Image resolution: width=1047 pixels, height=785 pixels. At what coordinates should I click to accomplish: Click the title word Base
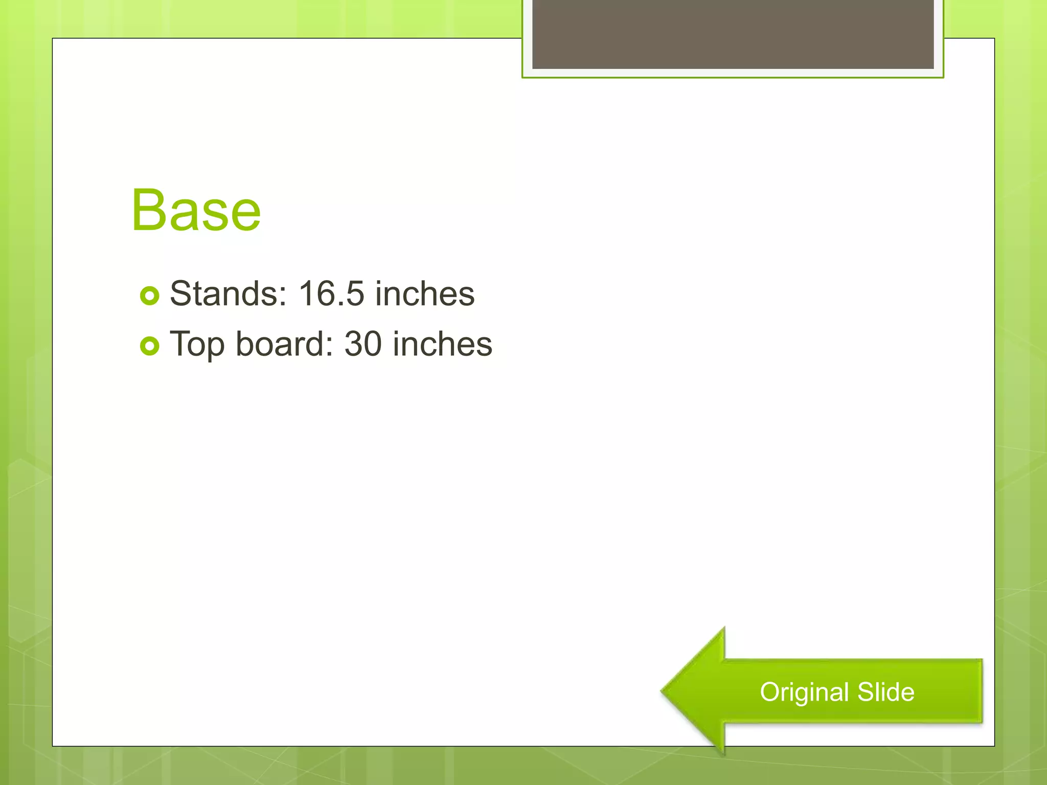(196, 211)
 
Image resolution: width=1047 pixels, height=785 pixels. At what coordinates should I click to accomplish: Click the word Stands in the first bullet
(225, 294)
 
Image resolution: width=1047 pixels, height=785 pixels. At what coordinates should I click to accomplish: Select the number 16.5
(331, 294)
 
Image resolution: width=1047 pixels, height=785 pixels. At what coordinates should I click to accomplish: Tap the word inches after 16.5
(425, 294)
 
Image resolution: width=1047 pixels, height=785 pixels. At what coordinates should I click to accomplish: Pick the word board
(280, 344)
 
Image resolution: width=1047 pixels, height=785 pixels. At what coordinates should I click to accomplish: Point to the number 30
(363, 344)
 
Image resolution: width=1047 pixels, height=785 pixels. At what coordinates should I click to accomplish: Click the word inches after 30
(442, 344)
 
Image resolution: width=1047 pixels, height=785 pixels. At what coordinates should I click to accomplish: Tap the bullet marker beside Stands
(149, 295)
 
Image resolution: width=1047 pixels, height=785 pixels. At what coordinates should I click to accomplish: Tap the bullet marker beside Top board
(149, 346)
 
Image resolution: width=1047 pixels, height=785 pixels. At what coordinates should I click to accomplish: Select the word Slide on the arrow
(886, 692)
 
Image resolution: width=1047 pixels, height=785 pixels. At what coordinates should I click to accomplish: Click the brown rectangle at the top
(733, 34)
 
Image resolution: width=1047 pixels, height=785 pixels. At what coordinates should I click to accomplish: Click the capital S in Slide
(866, 692)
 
